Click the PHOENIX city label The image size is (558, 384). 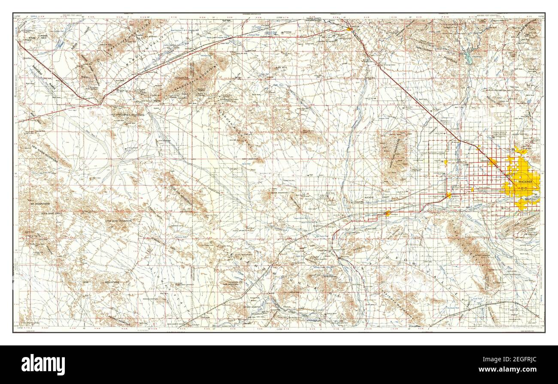[x=525, y=182]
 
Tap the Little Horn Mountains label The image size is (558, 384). [x=123, y=220]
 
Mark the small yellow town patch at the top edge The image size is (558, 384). [x=350, y=29]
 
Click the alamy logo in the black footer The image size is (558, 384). [x=43, y=365]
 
